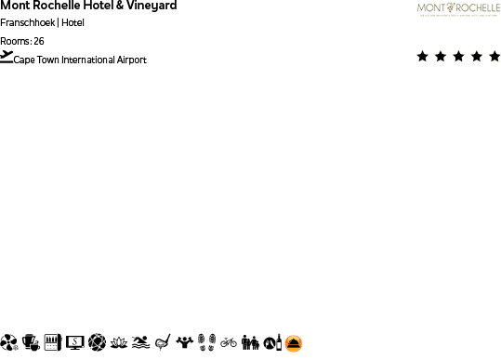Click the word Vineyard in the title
pos(151,6)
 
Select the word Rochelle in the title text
pos(59,6)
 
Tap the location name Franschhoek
pos(28,22)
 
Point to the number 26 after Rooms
pos(38,41)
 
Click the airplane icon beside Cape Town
pos(7,57)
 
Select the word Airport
pos(132,60)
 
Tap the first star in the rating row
pos(423,57)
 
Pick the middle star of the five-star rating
pos(458,57)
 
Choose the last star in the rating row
pos(494,57)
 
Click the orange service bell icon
pos(294,343)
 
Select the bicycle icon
pos(229,342)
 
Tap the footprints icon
pos(207,342)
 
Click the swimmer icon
pos(140,342)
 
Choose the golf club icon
pos(163,342)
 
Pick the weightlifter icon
pos(185,342)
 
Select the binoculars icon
pos(250,342)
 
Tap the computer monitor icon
pos(75,342)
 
